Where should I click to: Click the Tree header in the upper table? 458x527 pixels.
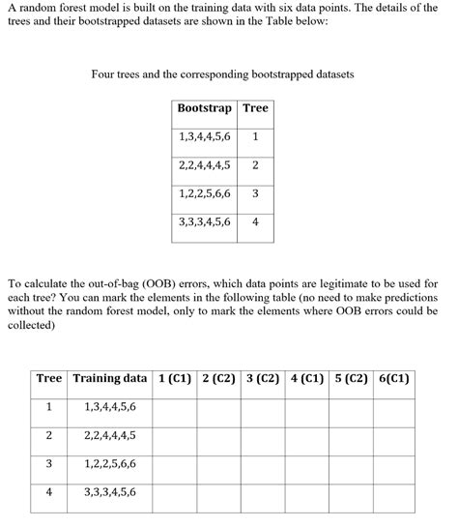255,108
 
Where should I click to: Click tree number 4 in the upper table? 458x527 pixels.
255,221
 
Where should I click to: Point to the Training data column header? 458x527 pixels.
109,378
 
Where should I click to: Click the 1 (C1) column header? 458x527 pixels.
174,378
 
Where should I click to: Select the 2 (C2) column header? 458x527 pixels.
219,378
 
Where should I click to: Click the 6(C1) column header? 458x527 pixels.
394,378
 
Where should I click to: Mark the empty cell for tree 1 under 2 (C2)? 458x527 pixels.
219,407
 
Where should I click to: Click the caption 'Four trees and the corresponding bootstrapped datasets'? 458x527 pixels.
222,73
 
